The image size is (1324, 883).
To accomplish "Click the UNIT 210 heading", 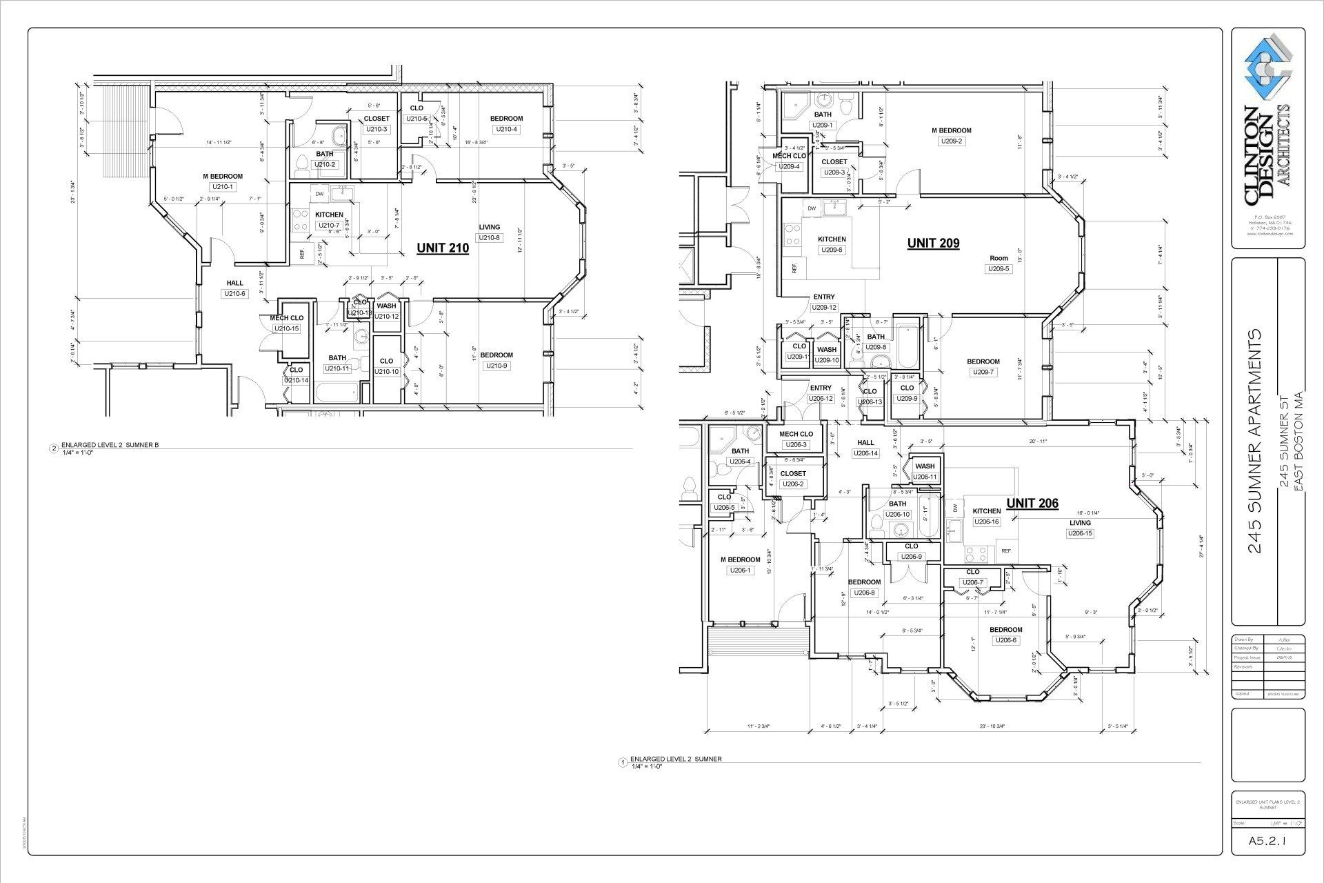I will [x=443, y=248].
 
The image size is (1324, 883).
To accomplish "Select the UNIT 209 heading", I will [x=933, y=243].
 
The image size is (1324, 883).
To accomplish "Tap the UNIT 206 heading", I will [x=1032, y=504].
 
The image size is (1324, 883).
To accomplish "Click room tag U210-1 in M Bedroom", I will [x=223, y=187].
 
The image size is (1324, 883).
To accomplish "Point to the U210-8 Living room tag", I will [x=490, y=237].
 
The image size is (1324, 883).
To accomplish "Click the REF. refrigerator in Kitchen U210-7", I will [x=302, y=253].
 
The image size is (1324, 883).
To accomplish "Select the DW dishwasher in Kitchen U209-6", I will [x=812, y=208].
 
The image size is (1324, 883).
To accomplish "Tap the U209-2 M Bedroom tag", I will [x=951, y=141].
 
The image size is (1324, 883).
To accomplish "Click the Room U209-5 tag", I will [x=999, y=269].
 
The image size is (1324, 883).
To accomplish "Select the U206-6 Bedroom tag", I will [x=1005, y=640].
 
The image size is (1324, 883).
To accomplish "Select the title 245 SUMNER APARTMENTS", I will [x=1255, y=441].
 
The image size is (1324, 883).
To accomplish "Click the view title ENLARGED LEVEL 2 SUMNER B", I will [x=110, y=445].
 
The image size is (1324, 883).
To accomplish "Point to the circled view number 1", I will [x=623, y=762].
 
